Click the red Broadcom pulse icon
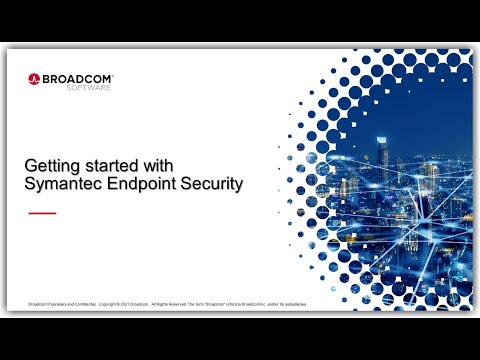pos(34,77)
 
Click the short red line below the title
pos(42,213)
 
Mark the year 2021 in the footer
pos(126,303)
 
